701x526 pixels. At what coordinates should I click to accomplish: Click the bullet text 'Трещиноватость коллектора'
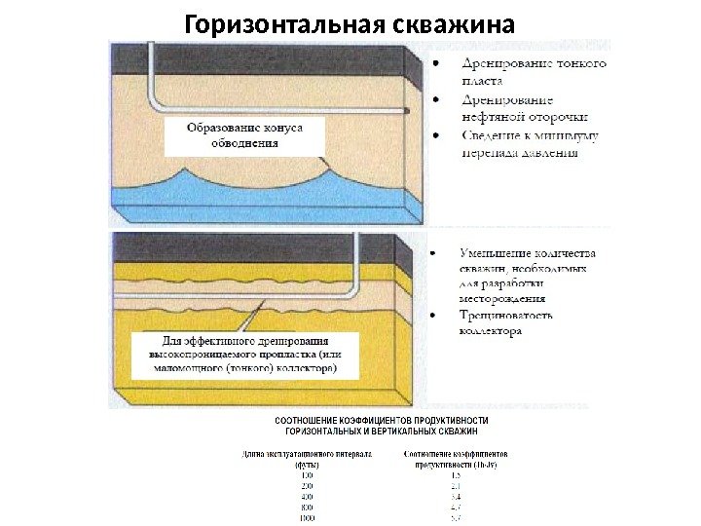tap(506, 322)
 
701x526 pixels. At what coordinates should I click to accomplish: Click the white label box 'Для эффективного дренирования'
tap(244, 356)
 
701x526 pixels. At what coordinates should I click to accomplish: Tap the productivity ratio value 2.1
tap(455, 485)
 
